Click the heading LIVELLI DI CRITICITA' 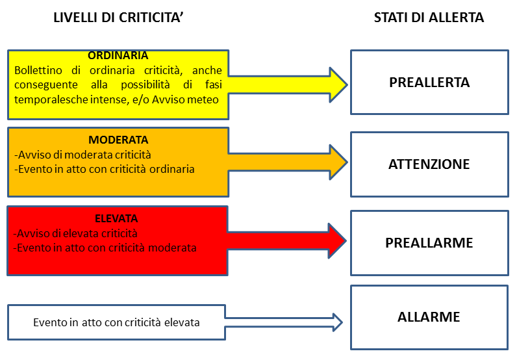[x=118, y=18]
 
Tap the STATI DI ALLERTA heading [x=429, y=18]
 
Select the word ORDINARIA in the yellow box [x=118, y=55]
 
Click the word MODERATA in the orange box [x=118, y=140]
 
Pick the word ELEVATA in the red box [x=116, y=218]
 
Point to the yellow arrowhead [x=338, y=85]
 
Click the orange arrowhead [x=338, y=162]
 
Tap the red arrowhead [x=337, y=241]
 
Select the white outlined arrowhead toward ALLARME [x=338, y=322]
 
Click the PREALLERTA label [x=429, y=83]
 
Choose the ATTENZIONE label [x=429, y=164]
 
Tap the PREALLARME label [x=429, y=243]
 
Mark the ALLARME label [x=429, y=317]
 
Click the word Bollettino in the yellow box [x=38, y=70]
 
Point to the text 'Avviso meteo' [x=185, y=99]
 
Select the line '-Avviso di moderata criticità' [x=82, y=155]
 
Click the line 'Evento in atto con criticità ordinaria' [x=106, y=169]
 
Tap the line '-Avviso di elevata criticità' [x=75, y=234]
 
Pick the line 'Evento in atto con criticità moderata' [x=107, y=248]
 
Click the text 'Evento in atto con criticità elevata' [x=116, y=322]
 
